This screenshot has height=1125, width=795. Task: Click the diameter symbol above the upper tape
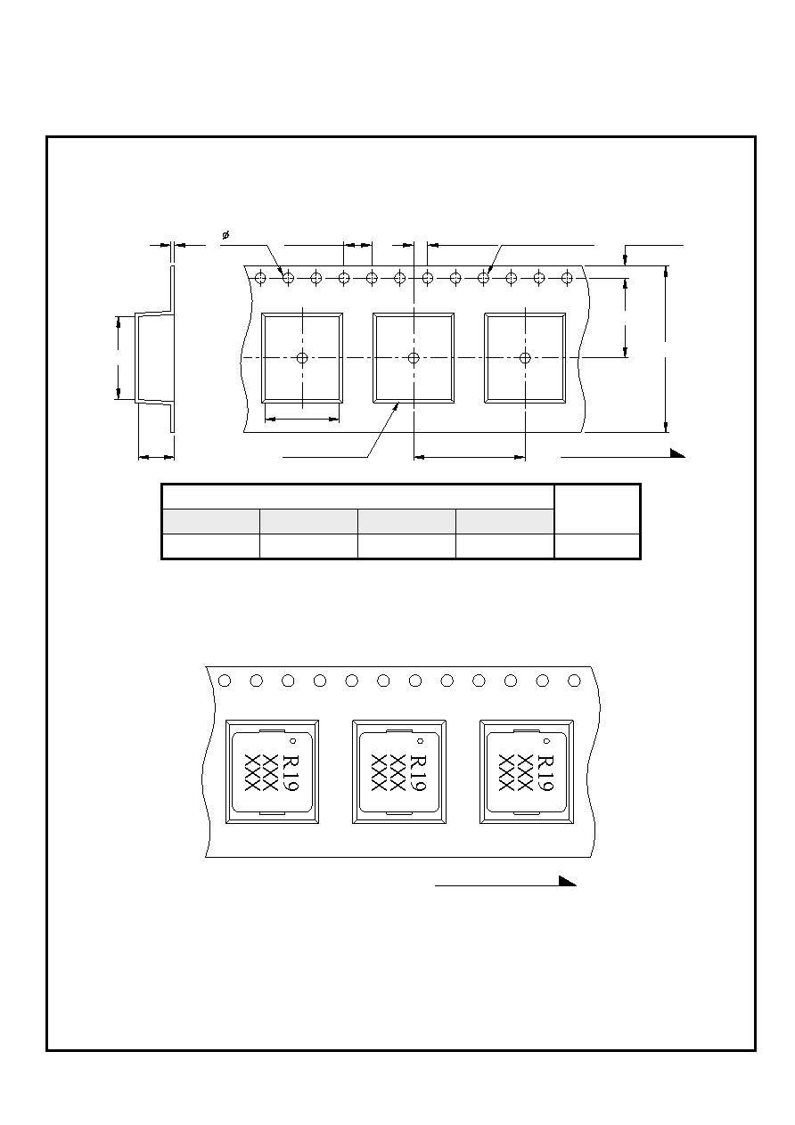(225, 234)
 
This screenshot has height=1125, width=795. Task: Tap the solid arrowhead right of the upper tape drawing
(677, 453)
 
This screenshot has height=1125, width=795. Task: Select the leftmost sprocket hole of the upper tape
(260, 277)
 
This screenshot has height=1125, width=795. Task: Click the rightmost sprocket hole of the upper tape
(567, 277)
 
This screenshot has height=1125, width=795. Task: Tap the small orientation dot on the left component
(293, 741)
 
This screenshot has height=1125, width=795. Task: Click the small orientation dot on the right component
(547, 741)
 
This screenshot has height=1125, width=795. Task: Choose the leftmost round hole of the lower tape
(225, 681)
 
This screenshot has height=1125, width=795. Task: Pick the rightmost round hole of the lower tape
(574, 681)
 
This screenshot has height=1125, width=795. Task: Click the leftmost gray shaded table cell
(211, 521)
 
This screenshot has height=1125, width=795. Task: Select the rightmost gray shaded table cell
(505, 521)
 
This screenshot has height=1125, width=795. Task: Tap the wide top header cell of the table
(358, 497)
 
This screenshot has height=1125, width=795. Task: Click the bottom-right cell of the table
(597, 546)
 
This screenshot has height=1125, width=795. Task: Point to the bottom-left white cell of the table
(211, 546)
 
